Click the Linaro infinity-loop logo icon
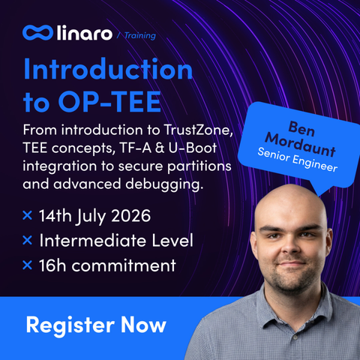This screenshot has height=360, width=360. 37,33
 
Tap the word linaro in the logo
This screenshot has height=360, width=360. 85,33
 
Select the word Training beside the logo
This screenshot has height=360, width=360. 140,36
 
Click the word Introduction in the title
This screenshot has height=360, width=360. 108,69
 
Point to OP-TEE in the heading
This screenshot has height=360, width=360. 109,101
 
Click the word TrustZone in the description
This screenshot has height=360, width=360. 198,130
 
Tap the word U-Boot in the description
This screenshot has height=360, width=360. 193,148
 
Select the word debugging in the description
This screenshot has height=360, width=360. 164,184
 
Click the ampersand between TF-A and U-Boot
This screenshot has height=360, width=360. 160,148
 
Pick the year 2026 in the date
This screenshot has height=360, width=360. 131,215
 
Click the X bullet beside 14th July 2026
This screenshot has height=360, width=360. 27,215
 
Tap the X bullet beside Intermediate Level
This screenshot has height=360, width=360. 27,240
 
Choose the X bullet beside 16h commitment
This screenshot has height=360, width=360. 27,265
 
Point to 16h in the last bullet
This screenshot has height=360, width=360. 52,265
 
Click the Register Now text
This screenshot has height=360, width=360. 96,325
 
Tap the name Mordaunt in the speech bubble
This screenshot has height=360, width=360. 300,145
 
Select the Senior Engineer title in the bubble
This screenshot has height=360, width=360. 298,160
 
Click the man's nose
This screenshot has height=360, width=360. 291,246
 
